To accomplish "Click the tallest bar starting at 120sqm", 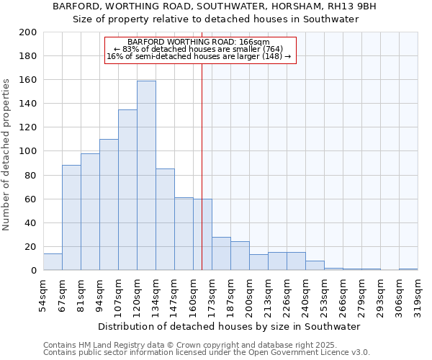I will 146,176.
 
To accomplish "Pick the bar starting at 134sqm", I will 165,220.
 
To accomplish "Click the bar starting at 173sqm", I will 221,253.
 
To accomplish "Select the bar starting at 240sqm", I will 315,266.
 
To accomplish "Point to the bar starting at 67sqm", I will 71,217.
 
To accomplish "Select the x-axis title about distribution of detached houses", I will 230,326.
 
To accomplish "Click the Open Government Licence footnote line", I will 206,353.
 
